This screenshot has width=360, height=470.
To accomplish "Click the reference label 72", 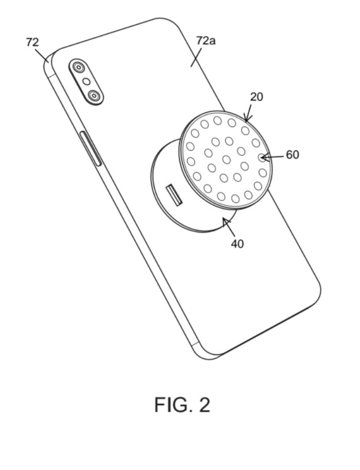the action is point(32,42).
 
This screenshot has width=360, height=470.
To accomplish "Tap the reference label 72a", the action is point(206,41).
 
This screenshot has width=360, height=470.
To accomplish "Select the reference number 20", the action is point(257,97).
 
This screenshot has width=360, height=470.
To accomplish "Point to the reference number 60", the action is point(293,155).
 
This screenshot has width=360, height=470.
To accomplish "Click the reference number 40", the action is point(238,244).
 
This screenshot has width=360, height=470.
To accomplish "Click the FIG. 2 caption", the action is point(182,405).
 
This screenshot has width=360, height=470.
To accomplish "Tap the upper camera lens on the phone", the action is point(79,67).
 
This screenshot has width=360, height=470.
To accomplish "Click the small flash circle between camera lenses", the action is point(86,81).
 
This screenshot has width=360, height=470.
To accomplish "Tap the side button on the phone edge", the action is point(91,149).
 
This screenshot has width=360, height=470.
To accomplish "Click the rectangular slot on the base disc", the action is point(174,195).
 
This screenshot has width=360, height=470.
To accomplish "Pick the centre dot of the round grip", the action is point(227,159).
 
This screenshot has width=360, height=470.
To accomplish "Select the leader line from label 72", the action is point(42,56).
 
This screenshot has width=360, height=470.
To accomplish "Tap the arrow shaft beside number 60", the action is point(273,156).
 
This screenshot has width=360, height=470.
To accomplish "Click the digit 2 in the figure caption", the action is point(204,405).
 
